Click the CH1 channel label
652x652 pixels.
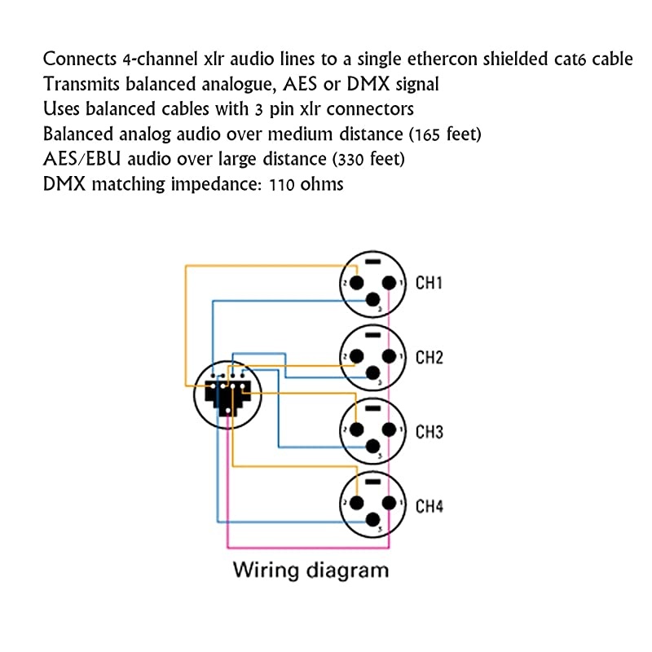429,284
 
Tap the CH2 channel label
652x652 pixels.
429,357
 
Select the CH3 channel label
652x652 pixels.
429,432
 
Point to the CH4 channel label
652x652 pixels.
429,506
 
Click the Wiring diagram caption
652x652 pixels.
311,569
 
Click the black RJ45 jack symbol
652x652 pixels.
227,395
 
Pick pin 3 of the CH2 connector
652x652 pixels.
373,372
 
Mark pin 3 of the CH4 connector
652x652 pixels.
373,521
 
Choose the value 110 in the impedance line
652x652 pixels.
283,184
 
